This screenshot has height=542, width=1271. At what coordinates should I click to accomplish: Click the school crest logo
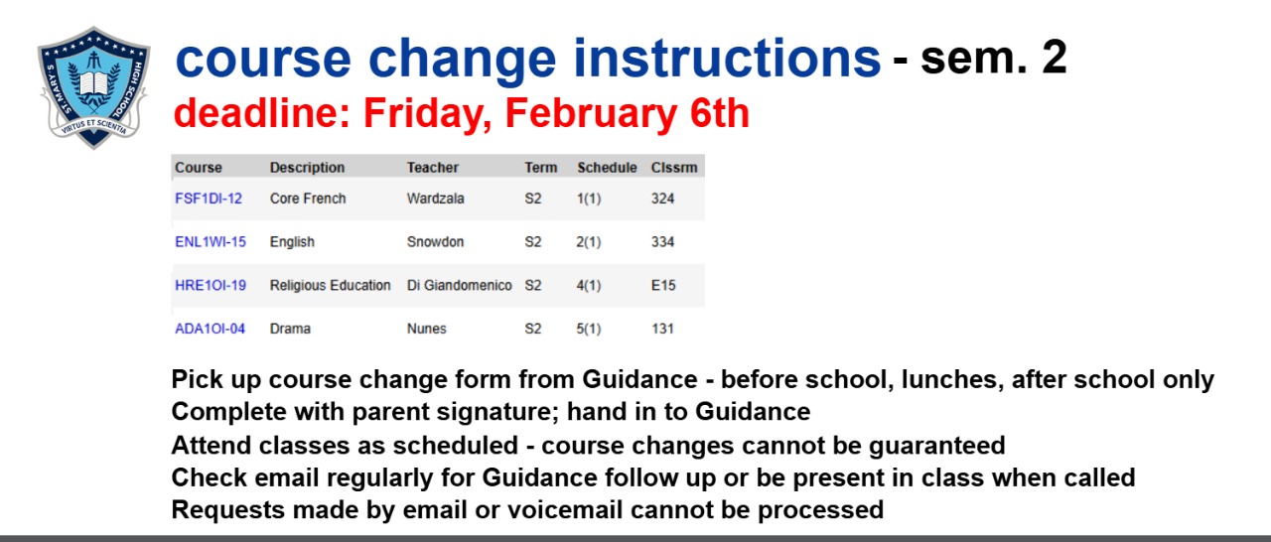click(93, 88)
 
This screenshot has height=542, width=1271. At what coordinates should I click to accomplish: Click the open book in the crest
click(93, 82)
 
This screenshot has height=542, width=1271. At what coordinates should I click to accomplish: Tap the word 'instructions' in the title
click(727, 58)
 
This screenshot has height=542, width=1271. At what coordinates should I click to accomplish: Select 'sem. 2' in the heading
click(994, 58)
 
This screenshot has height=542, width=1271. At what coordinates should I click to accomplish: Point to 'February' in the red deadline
click(591, 113)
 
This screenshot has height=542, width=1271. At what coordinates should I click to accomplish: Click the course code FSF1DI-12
click(209, 199)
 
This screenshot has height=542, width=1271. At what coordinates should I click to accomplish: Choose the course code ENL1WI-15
click(211, 242)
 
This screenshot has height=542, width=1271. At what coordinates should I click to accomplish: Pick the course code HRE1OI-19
click(211, 285)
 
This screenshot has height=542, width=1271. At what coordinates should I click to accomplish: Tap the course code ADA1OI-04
click(210, 329)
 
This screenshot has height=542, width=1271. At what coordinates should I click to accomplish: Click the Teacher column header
click(432, 167)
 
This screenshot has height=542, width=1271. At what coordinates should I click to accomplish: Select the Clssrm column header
click(674, 167)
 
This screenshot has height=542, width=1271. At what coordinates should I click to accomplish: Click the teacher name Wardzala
click(435, 199)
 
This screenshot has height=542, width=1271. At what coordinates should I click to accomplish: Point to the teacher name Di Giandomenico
click(459, 285)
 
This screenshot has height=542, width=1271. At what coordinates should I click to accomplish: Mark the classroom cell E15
click(663, 285)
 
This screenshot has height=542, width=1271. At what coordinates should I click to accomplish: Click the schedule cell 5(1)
click(589, 329)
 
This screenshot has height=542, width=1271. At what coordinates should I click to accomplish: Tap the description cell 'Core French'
click(308, 199)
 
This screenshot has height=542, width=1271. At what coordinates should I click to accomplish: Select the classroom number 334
click(662, 242)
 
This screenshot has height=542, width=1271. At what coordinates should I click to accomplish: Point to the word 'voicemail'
click(565, 509)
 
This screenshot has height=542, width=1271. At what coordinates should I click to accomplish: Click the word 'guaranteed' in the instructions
click(936, 446)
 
